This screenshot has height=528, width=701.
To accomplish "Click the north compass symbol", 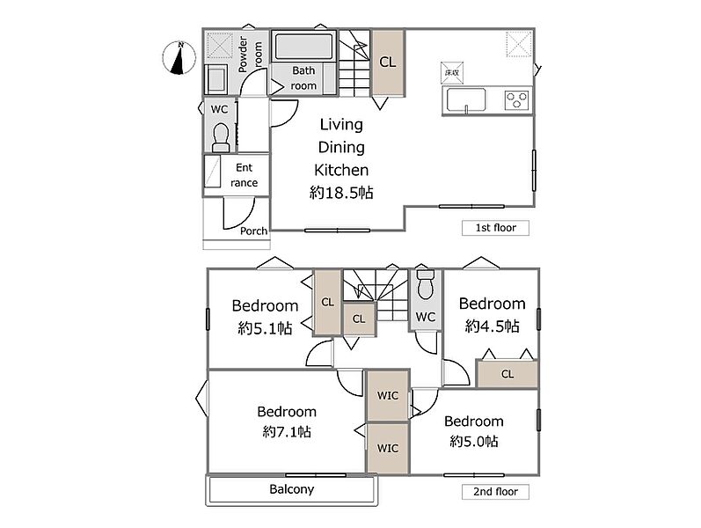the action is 179,58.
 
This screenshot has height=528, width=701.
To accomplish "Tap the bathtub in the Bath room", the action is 304,47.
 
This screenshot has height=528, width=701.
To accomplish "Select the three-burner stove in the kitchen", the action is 517,99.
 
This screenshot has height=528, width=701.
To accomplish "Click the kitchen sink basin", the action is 466,100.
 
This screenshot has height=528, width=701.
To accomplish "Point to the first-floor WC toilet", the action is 221,138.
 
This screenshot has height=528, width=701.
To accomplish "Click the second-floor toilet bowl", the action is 425,284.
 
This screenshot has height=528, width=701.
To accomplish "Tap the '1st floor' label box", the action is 495,228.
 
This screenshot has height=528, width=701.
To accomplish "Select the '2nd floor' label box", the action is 495,492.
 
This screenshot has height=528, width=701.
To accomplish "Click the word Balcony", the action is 291,489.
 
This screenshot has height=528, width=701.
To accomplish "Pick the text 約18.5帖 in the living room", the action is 341,193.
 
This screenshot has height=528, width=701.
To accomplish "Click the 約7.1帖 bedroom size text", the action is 287,432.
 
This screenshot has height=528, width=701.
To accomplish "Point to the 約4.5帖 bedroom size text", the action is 492,326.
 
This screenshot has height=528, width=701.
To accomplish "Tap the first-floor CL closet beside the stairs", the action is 388,62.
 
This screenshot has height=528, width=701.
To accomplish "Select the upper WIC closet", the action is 388,395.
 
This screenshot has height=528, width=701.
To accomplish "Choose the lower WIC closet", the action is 388,448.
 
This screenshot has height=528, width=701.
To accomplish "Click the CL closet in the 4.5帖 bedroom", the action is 507,374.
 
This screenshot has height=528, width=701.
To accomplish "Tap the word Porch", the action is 253,231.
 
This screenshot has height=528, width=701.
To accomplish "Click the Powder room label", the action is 250,55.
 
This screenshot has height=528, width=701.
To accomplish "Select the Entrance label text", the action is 245,175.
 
